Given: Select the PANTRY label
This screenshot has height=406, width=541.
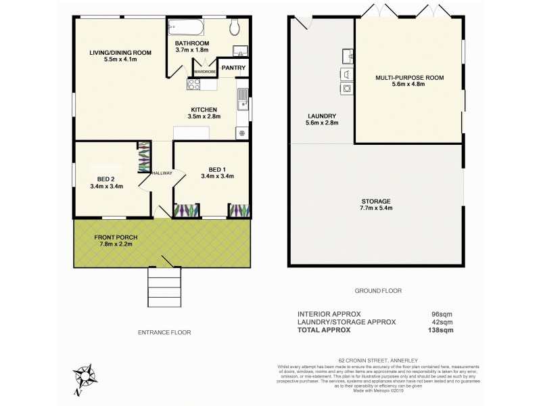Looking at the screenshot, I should [x=233, y=68].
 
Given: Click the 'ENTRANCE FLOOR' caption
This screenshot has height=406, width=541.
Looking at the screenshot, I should [x=164, y=332].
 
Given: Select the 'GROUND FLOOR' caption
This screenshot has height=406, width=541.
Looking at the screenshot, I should [x=379, y=290].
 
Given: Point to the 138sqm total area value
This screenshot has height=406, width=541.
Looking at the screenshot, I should [x=442, y=330].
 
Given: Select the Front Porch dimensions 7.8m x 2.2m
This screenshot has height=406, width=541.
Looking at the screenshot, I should [x=114, y=245].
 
